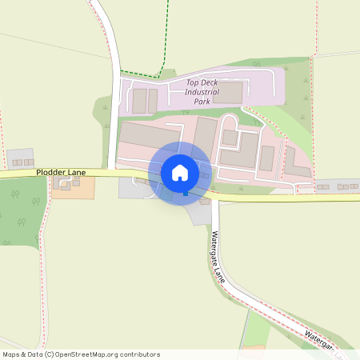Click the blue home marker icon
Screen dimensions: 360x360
click(x=180, y=173)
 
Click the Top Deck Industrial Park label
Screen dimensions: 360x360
click(x=202, y=92)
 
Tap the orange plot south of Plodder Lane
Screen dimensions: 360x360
click(x=74, y=186)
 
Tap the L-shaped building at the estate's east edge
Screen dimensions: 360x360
click(x=296, y=164)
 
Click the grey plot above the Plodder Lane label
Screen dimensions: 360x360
click(x=19, y=158)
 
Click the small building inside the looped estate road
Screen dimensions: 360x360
click(x=230, y=138)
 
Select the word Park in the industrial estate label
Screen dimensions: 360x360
click(x=202, y=102)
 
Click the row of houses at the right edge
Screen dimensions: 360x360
click(x=336, y=186)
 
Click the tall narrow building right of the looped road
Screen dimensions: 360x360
click(x=266, y=158)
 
